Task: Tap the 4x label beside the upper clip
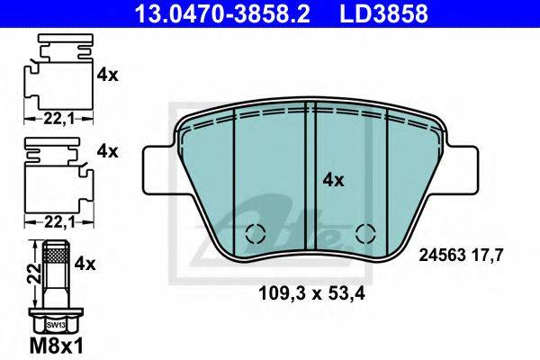[x=107, y=76]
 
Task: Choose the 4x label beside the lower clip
[x=107, y=151]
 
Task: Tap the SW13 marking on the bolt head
[x=56, y=323]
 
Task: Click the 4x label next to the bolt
[x=86, y=264]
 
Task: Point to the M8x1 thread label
[x=55, y=346]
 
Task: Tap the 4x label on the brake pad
[x=333, y=180]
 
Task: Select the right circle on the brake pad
[x=364, y=234]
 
